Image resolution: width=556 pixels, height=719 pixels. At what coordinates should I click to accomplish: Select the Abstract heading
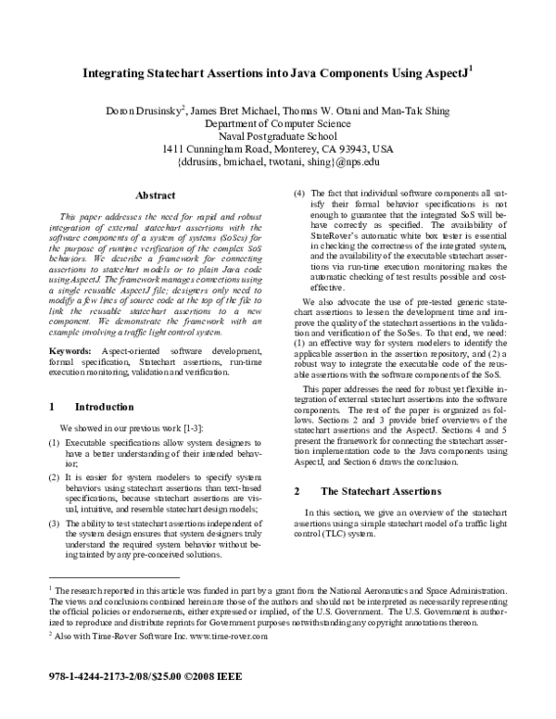tap(156, 196)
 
